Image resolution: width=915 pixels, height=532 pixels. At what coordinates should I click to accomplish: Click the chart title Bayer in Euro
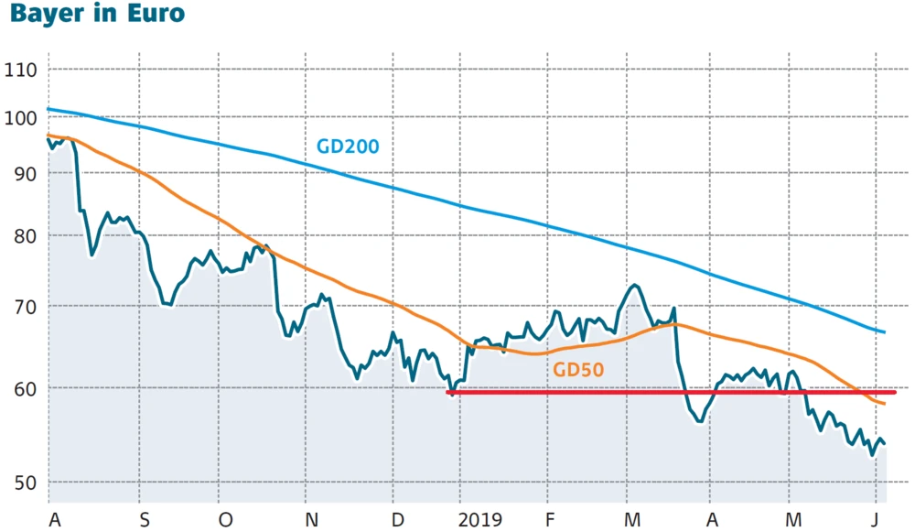coord(92,14)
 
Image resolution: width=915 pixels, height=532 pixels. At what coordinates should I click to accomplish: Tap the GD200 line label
coord(348,146)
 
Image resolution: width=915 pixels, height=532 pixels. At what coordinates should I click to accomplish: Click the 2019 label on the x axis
coord(479,520)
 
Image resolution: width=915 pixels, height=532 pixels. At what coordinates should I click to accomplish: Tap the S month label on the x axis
coord(144,520)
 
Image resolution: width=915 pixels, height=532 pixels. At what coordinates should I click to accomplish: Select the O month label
coord(225,520)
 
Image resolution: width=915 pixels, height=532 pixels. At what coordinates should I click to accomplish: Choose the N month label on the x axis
coord(312,520)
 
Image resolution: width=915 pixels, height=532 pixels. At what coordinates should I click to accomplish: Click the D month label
coord(397,520)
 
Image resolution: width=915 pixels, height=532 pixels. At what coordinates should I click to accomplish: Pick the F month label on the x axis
coord(551,520)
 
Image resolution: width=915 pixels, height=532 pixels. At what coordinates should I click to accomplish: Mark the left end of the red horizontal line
coord(447,392)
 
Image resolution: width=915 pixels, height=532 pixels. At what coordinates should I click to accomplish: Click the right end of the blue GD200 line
coord(885,331)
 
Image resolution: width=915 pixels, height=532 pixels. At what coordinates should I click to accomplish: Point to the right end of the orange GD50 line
coord(885,404)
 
